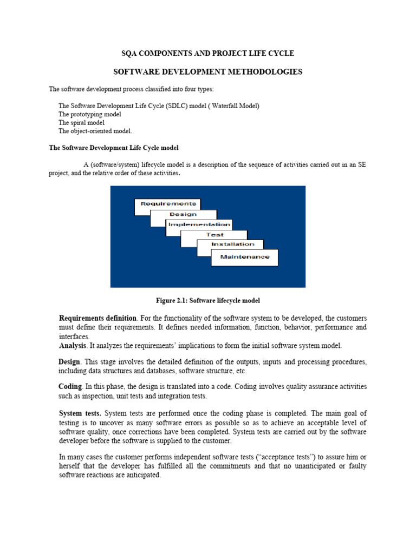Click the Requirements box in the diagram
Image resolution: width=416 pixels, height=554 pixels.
click(167, 204)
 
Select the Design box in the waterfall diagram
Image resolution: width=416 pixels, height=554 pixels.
click(183, 214)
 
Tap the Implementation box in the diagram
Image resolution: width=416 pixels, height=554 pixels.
click(199, 225)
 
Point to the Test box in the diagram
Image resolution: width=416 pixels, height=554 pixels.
click(214, 235)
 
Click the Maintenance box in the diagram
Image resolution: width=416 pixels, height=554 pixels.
click(245, 257)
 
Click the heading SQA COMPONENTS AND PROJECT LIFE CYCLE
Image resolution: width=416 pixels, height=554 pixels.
click(207, 54)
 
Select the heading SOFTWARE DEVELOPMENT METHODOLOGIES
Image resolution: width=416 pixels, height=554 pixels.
click(207, 72)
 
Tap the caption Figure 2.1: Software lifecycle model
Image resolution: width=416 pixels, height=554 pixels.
click(209, 300)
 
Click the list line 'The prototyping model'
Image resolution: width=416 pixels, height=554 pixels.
click(90, 115)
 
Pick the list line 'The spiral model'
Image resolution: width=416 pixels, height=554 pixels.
click(82, 123)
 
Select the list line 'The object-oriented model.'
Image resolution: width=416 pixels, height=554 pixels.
click(95, 131)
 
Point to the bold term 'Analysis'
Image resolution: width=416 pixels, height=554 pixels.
click(72, 346)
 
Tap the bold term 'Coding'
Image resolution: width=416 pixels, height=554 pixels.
click(70, 387)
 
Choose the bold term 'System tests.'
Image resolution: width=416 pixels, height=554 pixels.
click(80, 413)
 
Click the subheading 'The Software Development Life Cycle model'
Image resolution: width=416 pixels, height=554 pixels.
click(114, 148)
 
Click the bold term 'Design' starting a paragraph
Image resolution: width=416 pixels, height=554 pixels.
click(69, 361)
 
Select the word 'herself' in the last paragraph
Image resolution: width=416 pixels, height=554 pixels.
click(69, 466)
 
